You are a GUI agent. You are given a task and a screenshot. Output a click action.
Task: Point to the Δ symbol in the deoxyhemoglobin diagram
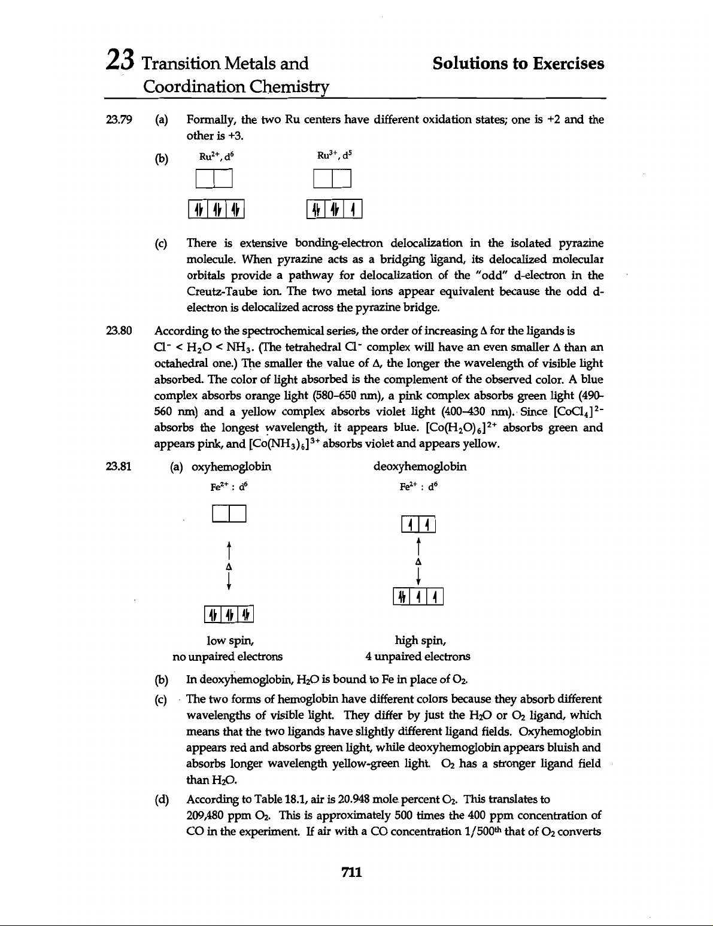click(x=418, y=562)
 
